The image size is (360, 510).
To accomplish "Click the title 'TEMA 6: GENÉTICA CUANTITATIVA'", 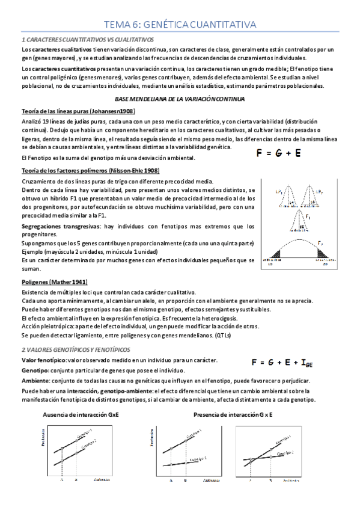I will click(180, 24).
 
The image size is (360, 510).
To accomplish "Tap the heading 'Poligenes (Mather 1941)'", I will click(55, 281).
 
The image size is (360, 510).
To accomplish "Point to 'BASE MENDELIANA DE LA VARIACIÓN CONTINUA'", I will click(180, 98).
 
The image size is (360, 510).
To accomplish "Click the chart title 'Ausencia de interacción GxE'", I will click(81, 415).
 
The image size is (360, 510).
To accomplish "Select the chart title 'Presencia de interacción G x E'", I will click(233, 415).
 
